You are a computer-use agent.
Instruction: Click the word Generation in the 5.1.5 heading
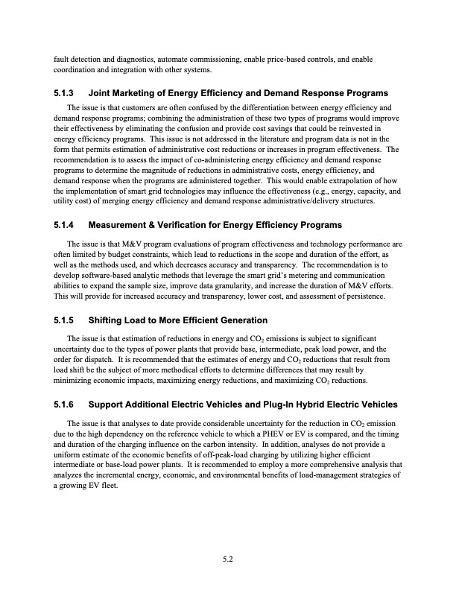pos(240,320)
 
